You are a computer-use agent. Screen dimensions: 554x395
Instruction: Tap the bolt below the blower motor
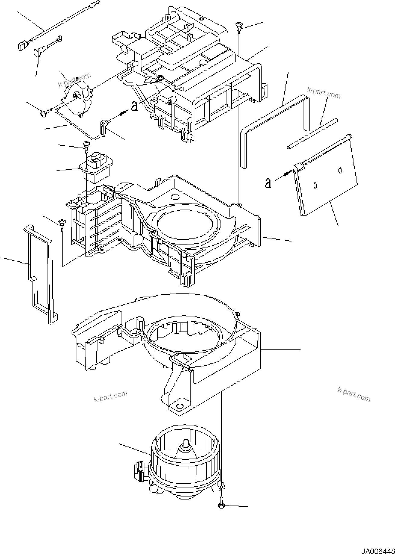221,506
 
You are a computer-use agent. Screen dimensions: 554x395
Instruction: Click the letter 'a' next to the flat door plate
268,183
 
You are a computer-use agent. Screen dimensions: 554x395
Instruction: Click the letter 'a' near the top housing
134,106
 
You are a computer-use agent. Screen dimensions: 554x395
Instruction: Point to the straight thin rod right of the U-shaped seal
313,133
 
